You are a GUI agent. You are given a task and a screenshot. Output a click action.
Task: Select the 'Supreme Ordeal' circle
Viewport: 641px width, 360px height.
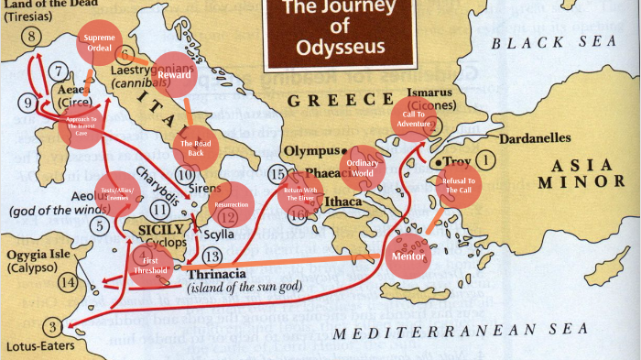[99, 43]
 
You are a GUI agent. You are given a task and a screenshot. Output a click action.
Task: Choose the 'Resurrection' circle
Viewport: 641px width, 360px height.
[231, 204]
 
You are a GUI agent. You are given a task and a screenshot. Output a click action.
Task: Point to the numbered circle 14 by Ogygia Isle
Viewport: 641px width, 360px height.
[68, 281]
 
